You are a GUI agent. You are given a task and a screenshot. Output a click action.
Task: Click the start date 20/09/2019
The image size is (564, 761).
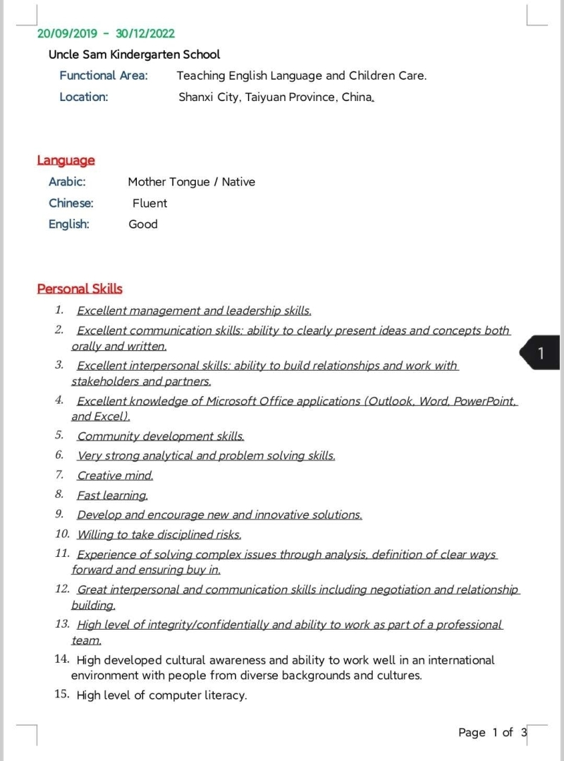(66, 33)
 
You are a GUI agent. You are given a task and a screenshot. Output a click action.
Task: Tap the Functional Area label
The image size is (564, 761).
(104, 76)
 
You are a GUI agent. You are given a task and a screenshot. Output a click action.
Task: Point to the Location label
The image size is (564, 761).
(84, 97)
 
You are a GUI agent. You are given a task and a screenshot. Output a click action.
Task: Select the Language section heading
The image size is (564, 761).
(66, 160)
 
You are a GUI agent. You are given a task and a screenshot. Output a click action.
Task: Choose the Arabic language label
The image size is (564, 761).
(67, 181)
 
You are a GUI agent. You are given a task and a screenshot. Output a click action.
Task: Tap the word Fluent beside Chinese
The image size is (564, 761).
(149, 203)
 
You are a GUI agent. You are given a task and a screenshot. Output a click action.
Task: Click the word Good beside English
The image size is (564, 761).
(143, 224)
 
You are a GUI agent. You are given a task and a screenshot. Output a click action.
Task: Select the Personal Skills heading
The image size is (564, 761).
(80, 289)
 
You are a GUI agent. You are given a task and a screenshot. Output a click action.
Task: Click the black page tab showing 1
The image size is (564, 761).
(541, 353)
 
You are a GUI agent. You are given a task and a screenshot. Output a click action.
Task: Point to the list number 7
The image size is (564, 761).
(60, 474)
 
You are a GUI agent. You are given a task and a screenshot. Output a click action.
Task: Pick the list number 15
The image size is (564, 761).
(61, 695)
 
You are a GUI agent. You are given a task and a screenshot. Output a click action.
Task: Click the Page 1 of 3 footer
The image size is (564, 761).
(492, 732)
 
